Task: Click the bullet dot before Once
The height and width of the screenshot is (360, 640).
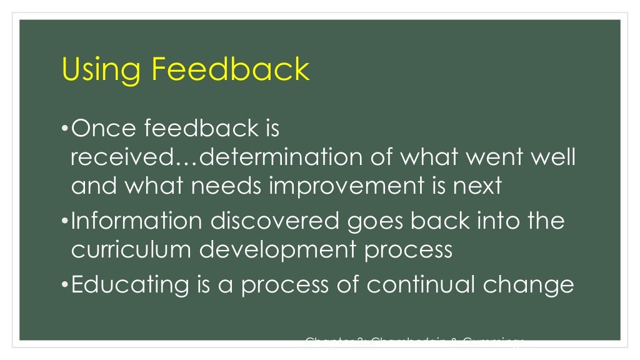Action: click(x=65, y=129)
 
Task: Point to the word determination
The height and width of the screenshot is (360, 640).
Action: click(x=279, y=157)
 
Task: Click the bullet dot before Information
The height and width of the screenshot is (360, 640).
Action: click(x=65, y=222)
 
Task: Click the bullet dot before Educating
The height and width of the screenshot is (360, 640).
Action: click(x=65, y=285)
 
